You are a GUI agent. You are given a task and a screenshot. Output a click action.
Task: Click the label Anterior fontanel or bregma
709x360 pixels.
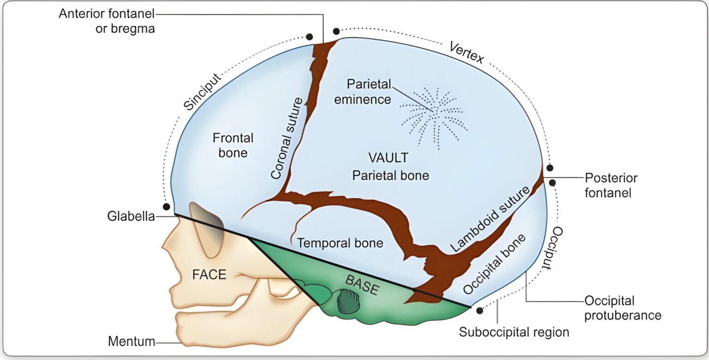[107, 21]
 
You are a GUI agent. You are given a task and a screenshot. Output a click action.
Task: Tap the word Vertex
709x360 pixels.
[466, 52]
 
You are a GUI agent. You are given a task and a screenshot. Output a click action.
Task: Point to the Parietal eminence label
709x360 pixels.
[369, 91]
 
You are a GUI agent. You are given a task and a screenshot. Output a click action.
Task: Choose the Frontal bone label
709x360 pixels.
[233, 145]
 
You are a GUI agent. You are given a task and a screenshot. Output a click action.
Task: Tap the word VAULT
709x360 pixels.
[388, 158]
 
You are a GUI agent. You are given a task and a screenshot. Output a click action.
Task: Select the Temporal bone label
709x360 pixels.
[340, 243]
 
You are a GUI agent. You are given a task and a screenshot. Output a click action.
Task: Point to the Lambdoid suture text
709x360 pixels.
[489, 219]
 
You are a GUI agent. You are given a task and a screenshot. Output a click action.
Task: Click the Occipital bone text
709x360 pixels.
[494, 264]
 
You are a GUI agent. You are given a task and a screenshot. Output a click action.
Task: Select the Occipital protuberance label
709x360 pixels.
[623, 308]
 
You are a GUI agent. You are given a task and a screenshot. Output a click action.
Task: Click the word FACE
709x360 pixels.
[209, 275]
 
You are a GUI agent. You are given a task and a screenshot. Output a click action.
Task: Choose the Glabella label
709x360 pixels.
[131, 216]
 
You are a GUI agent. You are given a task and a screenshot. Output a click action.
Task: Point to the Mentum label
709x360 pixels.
[131, 342]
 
